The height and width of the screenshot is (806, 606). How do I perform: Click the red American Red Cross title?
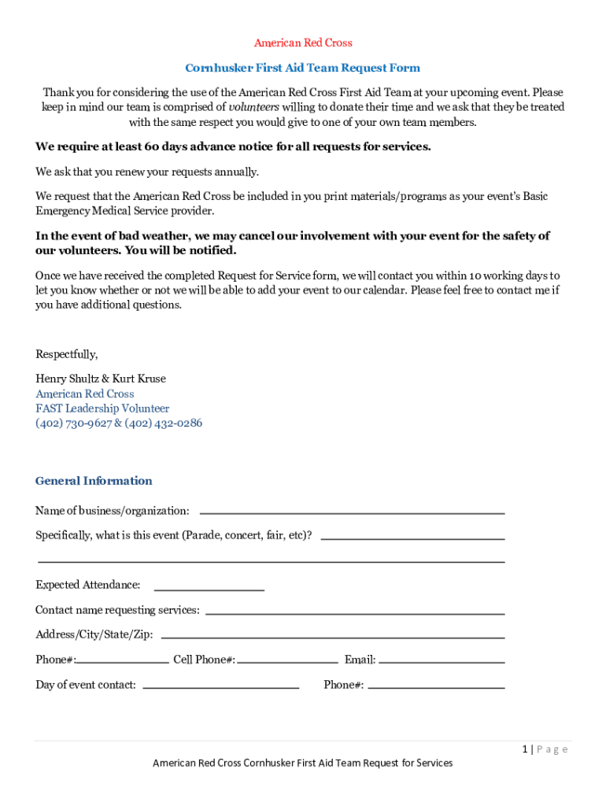pyautogui.click(x=302, y=43)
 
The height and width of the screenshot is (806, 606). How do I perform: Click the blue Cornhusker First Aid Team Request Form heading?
pyautogui.click(x=302, y=68)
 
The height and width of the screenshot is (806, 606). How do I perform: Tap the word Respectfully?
pyautogui.click(x=67, y=353)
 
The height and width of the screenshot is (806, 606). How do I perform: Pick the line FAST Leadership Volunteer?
pyautogui.click(x=102, y=409)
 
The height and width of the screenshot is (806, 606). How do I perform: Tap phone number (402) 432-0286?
pyautogui.click(x=163, y=423)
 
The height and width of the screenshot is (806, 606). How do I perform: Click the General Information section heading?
pyautogui.click(x=94, y=481)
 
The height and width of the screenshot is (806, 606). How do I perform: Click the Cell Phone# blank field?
pyautogui.click(x=286, y=660)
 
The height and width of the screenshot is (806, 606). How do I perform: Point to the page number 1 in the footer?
pyautogui.click(x=525, y=749)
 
